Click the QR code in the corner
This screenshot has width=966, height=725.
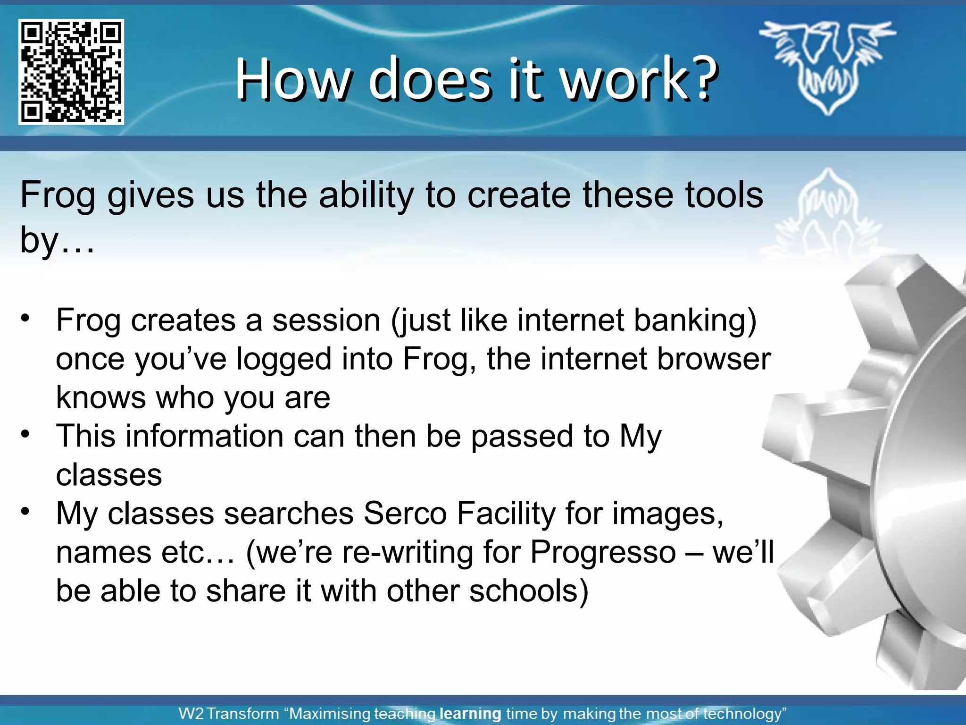[x=71, y=72]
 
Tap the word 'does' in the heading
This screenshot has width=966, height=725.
[x=429, y=79]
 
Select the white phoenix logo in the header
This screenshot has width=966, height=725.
[x=827, y=66]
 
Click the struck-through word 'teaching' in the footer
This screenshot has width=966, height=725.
[x=405, y=713]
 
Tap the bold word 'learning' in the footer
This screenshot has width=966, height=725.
[x=470, y=713]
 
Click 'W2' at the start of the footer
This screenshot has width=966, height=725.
[x=191, y=713]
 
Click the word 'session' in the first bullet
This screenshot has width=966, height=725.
[x=326, y=320]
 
